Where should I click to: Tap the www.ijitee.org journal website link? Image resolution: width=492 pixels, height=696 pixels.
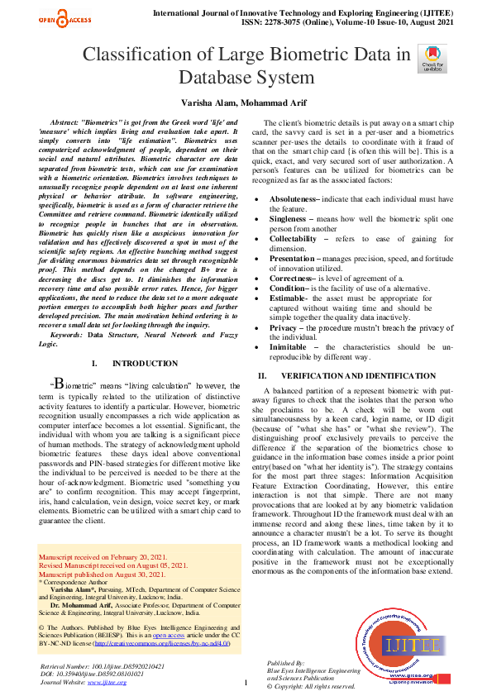100,682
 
